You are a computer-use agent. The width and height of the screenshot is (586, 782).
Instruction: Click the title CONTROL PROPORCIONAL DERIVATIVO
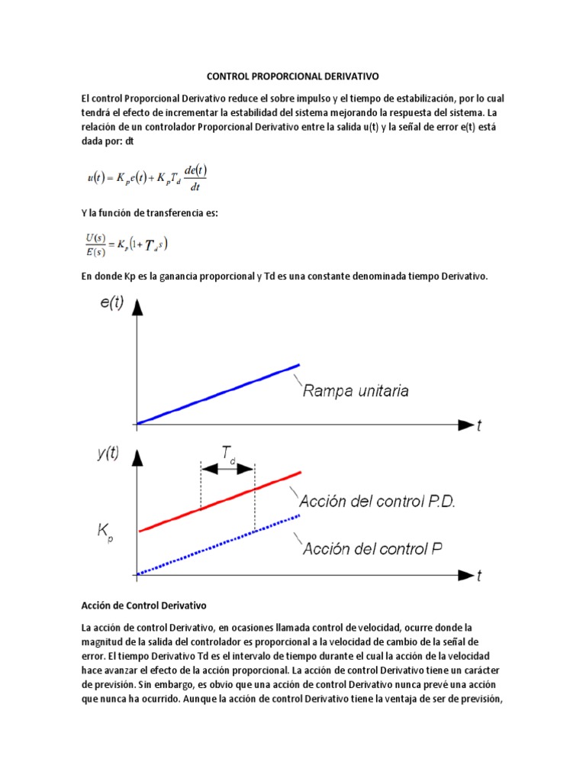pyautogui.click(x=293, y=77)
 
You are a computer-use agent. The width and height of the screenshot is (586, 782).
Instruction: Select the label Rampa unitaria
pyautogui.click(x=355, y=391)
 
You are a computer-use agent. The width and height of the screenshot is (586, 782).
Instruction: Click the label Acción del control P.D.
pyautogui.click(x=377, y=502)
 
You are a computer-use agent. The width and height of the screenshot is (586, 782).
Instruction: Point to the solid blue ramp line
pyautogui.click(x=217, y=393)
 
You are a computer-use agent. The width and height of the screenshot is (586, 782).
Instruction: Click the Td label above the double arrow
pyautogui.click(x=228, y=454)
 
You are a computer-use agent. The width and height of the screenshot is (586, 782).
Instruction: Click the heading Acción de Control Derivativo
pyautogui.click(x=144, y=606)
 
